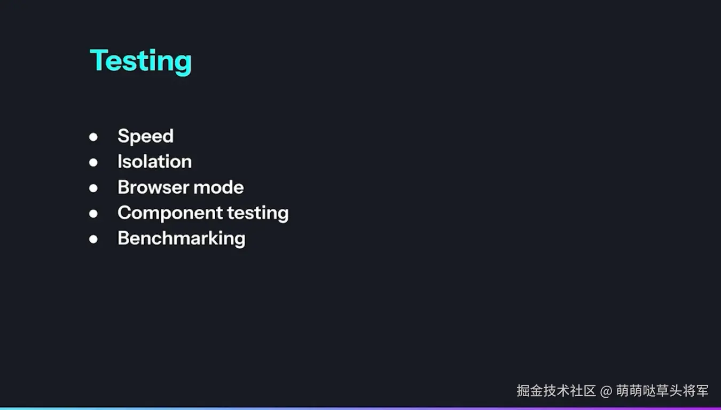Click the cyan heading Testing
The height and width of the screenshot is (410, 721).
pos(140,61)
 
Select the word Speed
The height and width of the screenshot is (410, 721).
pos(145,137)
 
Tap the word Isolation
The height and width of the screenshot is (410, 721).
pos(154,162)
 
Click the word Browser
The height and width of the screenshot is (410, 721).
pos(153,187)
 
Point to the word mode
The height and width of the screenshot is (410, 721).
pos(218,187)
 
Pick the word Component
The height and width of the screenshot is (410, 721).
pos(170,214)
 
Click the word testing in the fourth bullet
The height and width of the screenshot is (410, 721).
pos(258,214)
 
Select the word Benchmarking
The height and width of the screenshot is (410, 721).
pos(181,239)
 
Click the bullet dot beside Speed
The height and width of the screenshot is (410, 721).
pos(93,137)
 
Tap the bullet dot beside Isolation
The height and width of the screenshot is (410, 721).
pos(93,162)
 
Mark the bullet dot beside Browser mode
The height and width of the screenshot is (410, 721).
pos(93,188)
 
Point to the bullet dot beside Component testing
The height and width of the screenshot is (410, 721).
pos(93,214)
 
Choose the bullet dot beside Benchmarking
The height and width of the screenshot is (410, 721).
pos(93,239)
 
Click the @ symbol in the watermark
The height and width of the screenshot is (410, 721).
pos(606,391)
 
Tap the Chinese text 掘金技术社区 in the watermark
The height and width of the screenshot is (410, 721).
pos(556,391)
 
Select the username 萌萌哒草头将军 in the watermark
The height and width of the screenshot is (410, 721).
pos(662,391)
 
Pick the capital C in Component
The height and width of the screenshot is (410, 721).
pos(125,212)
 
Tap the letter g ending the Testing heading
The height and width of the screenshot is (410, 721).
pos(184,65)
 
